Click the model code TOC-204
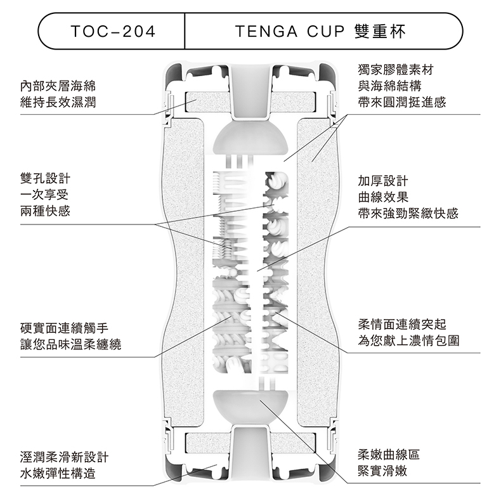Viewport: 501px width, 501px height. pos(113,31)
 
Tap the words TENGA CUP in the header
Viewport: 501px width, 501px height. pos(290,31)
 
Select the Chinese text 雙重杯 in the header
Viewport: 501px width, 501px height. pos(380,31)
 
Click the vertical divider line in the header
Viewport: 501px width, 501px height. pos(185,31)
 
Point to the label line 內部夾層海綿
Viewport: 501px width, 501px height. pos(58,86)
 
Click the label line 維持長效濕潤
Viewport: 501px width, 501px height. pos(58,102)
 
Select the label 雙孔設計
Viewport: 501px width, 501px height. pos(45,178)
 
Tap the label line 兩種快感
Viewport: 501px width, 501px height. pos(45,211)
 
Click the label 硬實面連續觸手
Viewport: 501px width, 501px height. pos(64,328)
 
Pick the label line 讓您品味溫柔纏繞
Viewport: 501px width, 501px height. pos(70,344)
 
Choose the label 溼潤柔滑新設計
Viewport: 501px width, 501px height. pos(64,457)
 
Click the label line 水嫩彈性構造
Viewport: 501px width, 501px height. pos(58,474)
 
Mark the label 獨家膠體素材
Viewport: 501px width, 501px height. pos(396,70)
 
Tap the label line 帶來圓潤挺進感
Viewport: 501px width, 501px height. pos(402,102)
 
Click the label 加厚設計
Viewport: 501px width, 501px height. pos(383,181)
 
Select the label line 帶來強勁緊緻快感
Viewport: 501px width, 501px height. pos(408,214)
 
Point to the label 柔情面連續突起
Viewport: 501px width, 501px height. pos(402,324)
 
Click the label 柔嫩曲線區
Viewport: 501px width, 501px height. pos(389,454)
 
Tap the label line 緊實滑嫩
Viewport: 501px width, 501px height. pos(382,471)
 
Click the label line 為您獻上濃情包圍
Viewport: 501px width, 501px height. pos(408,341)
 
